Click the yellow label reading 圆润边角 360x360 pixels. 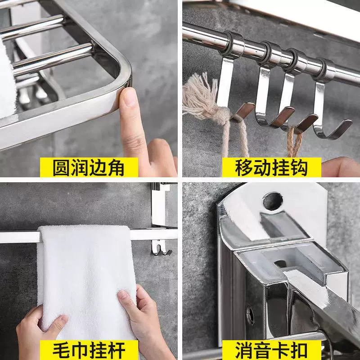pyautogui.click(x=89, y=167)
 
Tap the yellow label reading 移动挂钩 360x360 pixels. pyautogui.click(x=272, y=167)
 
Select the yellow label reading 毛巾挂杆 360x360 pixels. pyautogui.click(x=89, y=350)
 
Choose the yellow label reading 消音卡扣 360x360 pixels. pyautogui.click(x=272, y=350)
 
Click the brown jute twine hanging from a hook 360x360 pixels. pyautogui.click(x=292, y=140)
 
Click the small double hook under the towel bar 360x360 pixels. pyautogui.click(x=161, y=248)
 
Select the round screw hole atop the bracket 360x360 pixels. pyautogui.click(x=273, y=201)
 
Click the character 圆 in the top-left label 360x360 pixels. pyautogui.click(x=61, y=167)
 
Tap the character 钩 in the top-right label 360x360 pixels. pyautogui.click(x=299, y=167)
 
